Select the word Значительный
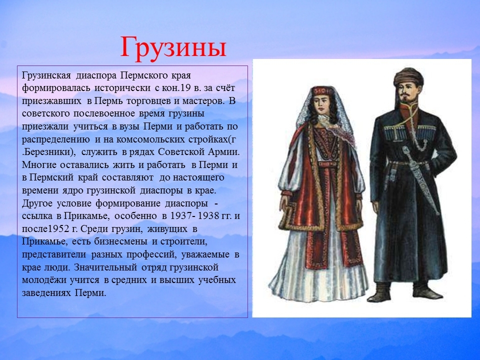105,267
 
